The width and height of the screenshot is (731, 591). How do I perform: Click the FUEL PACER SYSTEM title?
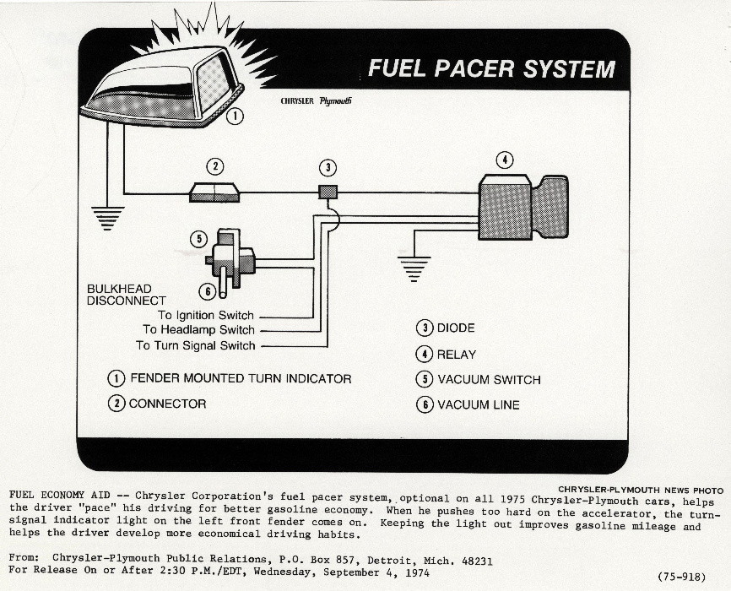(x=491, y=68)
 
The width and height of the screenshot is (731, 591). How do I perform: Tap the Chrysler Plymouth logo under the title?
(x=317, y=101)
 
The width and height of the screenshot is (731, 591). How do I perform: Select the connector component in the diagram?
(x=215, y=192)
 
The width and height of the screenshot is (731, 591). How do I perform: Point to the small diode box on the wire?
(x=328, y=192)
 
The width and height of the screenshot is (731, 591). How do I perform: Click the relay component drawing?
(x=523, y=207)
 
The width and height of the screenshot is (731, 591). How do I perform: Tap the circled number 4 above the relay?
(x=504, y=160)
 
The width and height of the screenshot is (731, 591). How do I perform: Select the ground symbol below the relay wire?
(x=414, y=268)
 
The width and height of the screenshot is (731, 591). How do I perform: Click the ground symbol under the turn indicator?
(x=107, y=219)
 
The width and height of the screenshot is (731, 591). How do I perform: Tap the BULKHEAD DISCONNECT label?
(x=127, y=295)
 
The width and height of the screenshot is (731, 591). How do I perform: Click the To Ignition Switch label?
(x=206, y=316)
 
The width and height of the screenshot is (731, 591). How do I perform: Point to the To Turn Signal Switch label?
(x=195, y=345)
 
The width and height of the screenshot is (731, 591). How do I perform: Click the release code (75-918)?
(x=682, y=577)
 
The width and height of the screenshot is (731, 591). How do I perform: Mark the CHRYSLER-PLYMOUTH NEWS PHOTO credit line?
(x=641, y=490)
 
